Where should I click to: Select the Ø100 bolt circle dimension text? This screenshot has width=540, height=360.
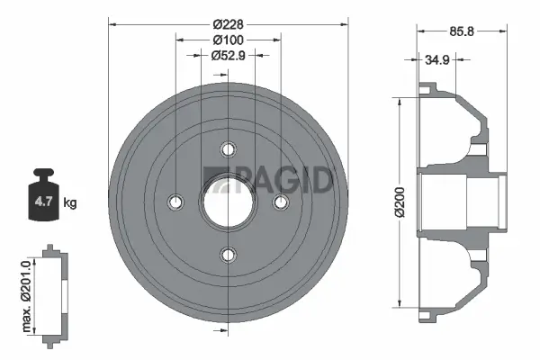click(229, 40)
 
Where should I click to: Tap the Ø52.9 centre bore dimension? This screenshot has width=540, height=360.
click(229, 56)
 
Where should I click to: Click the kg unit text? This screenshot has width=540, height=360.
click(70, 202)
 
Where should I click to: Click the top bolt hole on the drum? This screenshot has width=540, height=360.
click(229, 149)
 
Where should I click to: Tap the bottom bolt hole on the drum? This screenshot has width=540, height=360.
click(229, 253)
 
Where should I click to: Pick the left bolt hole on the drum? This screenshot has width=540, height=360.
click(177, 202)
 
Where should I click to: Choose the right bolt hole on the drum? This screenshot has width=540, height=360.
click(280, 202)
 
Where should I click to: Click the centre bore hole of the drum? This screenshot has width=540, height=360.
click(229, 202)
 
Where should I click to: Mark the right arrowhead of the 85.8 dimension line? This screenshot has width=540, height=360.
click(499, 31)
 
